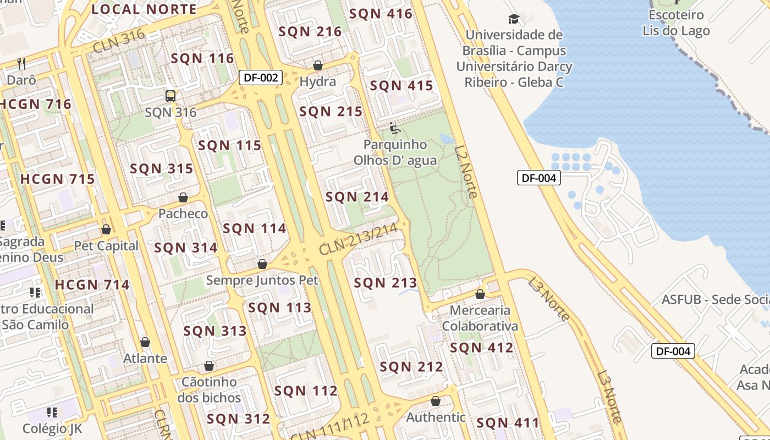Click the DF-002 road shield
[261, 78]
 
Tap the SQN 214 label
[357, 197]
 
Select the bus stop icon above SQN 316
[170, 96]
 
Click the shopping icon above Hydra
[318, 66]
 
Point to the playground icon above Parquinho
[394, 128]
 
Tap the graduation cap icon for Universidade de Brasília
[514, 19]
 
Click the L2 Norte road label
[465, 171]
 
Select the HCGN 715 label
[58, 179]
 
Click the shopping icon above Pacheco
[183, 197]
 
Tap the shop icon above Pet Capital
[106, 229]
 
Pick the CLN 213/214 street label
[358, 240]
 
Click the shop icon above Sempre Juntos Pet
[262, 264]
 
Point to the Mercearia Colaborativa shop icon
[480, 294]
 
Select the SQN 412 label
[481, 348]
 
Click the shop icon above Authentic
[436, 401]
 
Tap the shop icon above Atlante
[145, 342]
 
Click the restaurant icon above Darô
[21, 63]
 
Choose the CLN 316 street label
[119, 41]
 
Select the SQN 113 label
[279, 307]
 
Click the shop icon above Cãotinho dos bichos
[209, 366]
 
